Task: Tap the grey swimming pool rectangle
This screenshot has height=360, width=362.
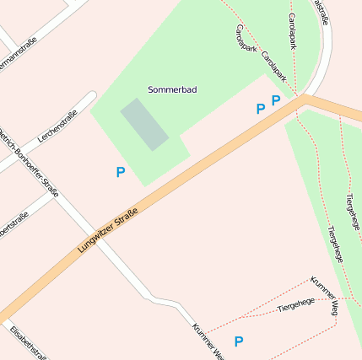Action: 144,125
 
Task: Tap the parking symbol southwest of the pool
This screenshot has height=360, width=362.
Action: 121,172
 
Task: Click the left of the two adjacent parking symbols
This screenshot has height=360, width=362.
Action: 261,109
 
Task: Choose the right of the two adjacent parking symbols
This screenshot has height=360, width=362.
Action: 276,100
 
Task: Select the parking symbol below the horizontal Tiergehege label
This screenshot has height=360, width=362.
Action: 239,341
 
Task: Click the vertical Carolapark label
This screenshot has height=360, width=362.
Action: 292,31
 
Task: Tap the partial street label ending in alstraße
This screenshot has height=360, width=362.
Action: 321,10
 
